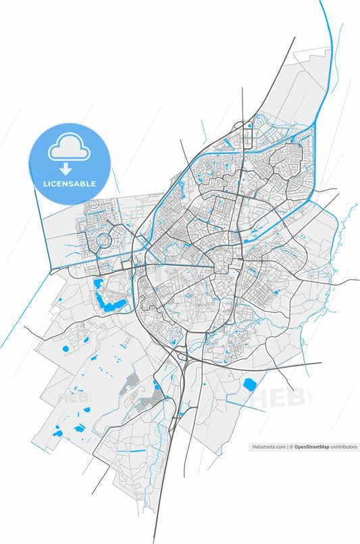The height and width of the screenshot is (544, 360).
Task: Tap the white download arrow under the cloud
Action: tap(66, 169)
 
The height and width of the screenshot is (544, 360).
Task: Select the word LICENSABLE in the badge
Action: tap(70, 184)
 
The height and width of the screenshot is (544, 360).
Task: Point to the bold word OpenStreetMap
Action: tap(311, 447)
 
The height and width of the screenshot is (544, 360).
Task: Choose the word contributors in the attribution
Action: tap(344, 447)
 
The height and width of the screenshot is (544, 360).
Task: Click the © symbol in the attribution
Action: tap(292, 447)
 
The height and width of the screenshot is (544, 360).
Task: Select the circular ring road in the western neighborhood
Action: tap(104, 240)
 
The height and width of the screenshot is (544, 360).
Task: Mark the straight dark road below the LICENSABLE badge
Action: tap(45, 230)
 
